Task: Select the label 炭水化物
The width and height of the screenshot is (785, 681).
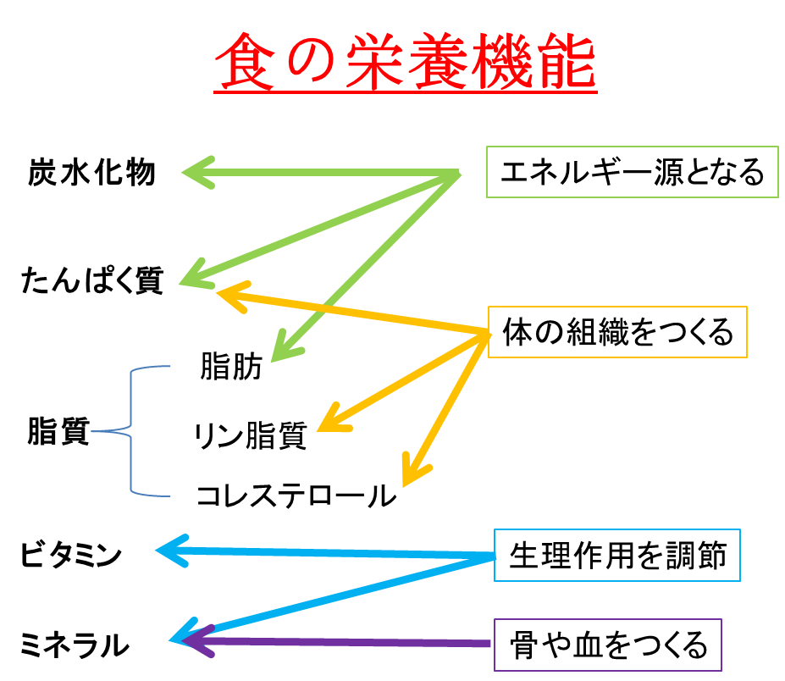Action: pos(91,173)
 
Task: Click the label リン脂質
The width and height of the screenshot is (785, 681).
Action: pos(250,436)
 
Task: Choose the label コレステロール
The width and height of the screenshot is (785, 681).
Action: pos(295,495)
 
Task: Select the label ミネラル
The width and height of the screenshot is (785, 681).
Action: pos(75,646)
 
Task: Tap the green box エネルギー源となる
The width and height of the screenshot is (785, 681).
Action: pos(632,173)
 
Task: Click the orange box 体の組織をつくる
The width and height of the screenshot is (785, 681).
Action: pos(617,332)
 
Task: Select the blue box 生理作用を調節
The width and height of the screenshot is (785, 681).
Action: pos(616,556)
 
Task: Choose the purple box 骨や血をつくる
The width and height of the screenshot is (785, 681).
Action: pos(608,646)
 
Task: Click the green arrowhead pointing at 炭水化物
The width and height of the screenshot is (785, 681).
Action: pos(196,174)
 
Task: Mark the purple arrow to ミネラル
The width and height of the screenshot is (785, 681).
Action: pos(339,643)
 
